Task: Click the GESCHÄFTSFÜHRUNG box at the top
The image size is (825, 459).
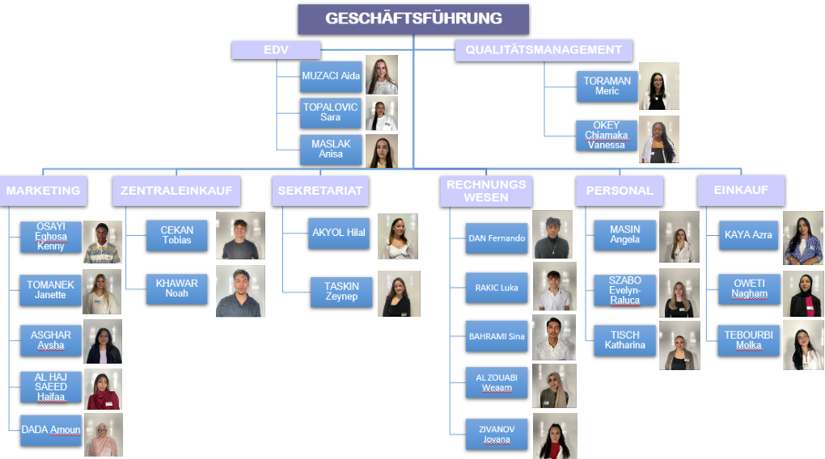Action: (x=413, y=19)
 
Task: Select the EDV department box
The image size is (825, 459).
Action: (x=277, y=50)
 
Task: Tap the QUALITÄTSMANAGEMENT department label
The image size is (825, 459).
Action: (x=544, y=50)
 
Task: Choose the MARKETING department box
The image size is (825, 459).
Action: (x=43, y=191)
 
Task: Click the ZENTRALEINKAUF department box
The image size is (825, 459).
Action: (x=176, y=191)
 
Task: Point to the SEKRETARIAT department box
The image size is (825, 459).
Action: (x=320, y=191)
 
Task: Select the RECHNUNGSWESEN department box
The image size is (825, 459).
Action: (x=486, y=191)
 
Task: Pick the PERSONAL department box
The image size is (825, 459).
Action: (x=620, y=191)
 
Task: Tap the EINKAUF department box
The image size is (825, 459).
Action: (x=741, y=190)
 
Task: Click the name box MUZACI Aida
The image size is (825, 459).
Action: (x=331, y=76)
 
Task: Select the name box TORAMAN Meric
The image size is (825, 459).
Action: (x=607, y=86)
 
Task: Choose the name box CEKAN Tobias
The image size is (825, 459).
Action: (x=177, y=235)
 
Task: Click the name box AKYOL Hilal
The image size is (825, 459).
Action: (x=339, y=233)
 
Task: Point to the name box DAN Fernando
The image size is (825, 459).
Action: (x=497, y=238)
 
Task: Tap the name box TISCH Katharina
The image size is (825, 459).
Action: (x=624, y=340)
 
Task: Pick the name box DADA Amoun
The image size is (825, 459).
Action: (x=51, y=430)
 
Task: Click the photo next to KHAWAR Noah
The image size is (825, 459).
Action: (x=240, y=291)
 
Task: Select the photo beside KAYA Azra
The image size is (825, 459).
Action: (x=803, y=238)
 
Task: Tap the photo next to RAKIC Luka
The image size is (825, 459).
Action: (x=554, y=286)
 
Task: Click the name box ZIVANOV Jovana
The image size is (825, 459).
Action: (x=497, y=434)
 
